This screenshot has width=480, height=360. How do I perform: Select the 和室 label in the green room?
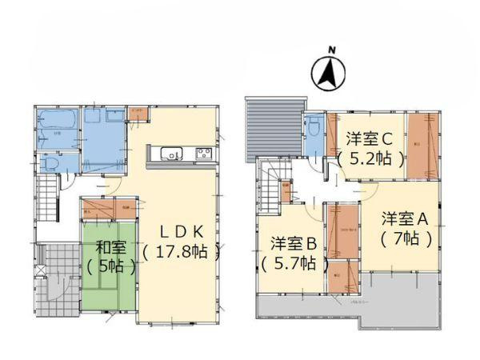point(109,246)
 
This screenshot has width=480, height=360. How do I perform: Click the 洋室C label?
point(370,138)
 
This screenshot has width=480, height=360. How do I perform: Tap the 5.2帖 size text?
point(370,158)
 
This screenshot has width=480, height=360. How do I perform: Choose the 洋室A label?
point(406,218)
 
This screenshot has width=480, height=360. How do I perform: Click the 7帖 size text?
point(406,238)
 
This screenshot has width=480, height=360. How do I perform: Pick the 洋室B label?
point(294,243)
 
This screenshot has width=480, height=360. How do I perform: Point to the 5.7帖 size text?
point(294,263)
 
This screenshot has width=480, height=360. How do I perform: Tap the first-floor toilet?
point(50,163)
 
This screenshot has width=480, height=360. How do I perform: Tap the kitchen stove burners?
point(203,154)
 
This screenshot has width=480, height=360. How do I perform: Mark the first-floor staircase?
point(50,200)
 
